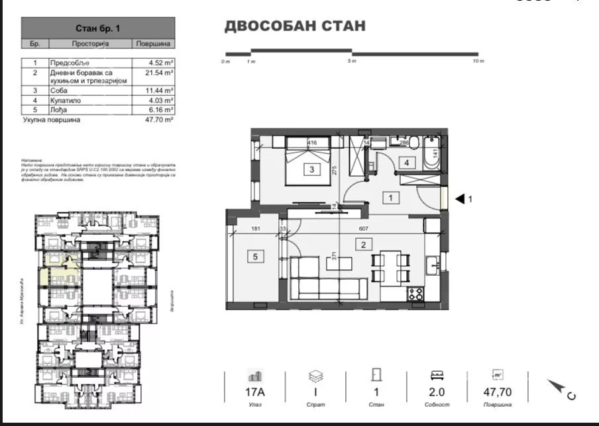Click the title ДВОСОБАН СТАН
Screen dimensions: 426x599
point(295,26)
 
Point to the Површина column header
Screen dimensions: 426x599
point(154,44)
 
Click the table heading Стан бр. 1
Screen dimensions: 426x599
point(98,28)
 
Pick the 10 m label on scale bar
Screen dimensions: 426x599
point(478,61)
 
